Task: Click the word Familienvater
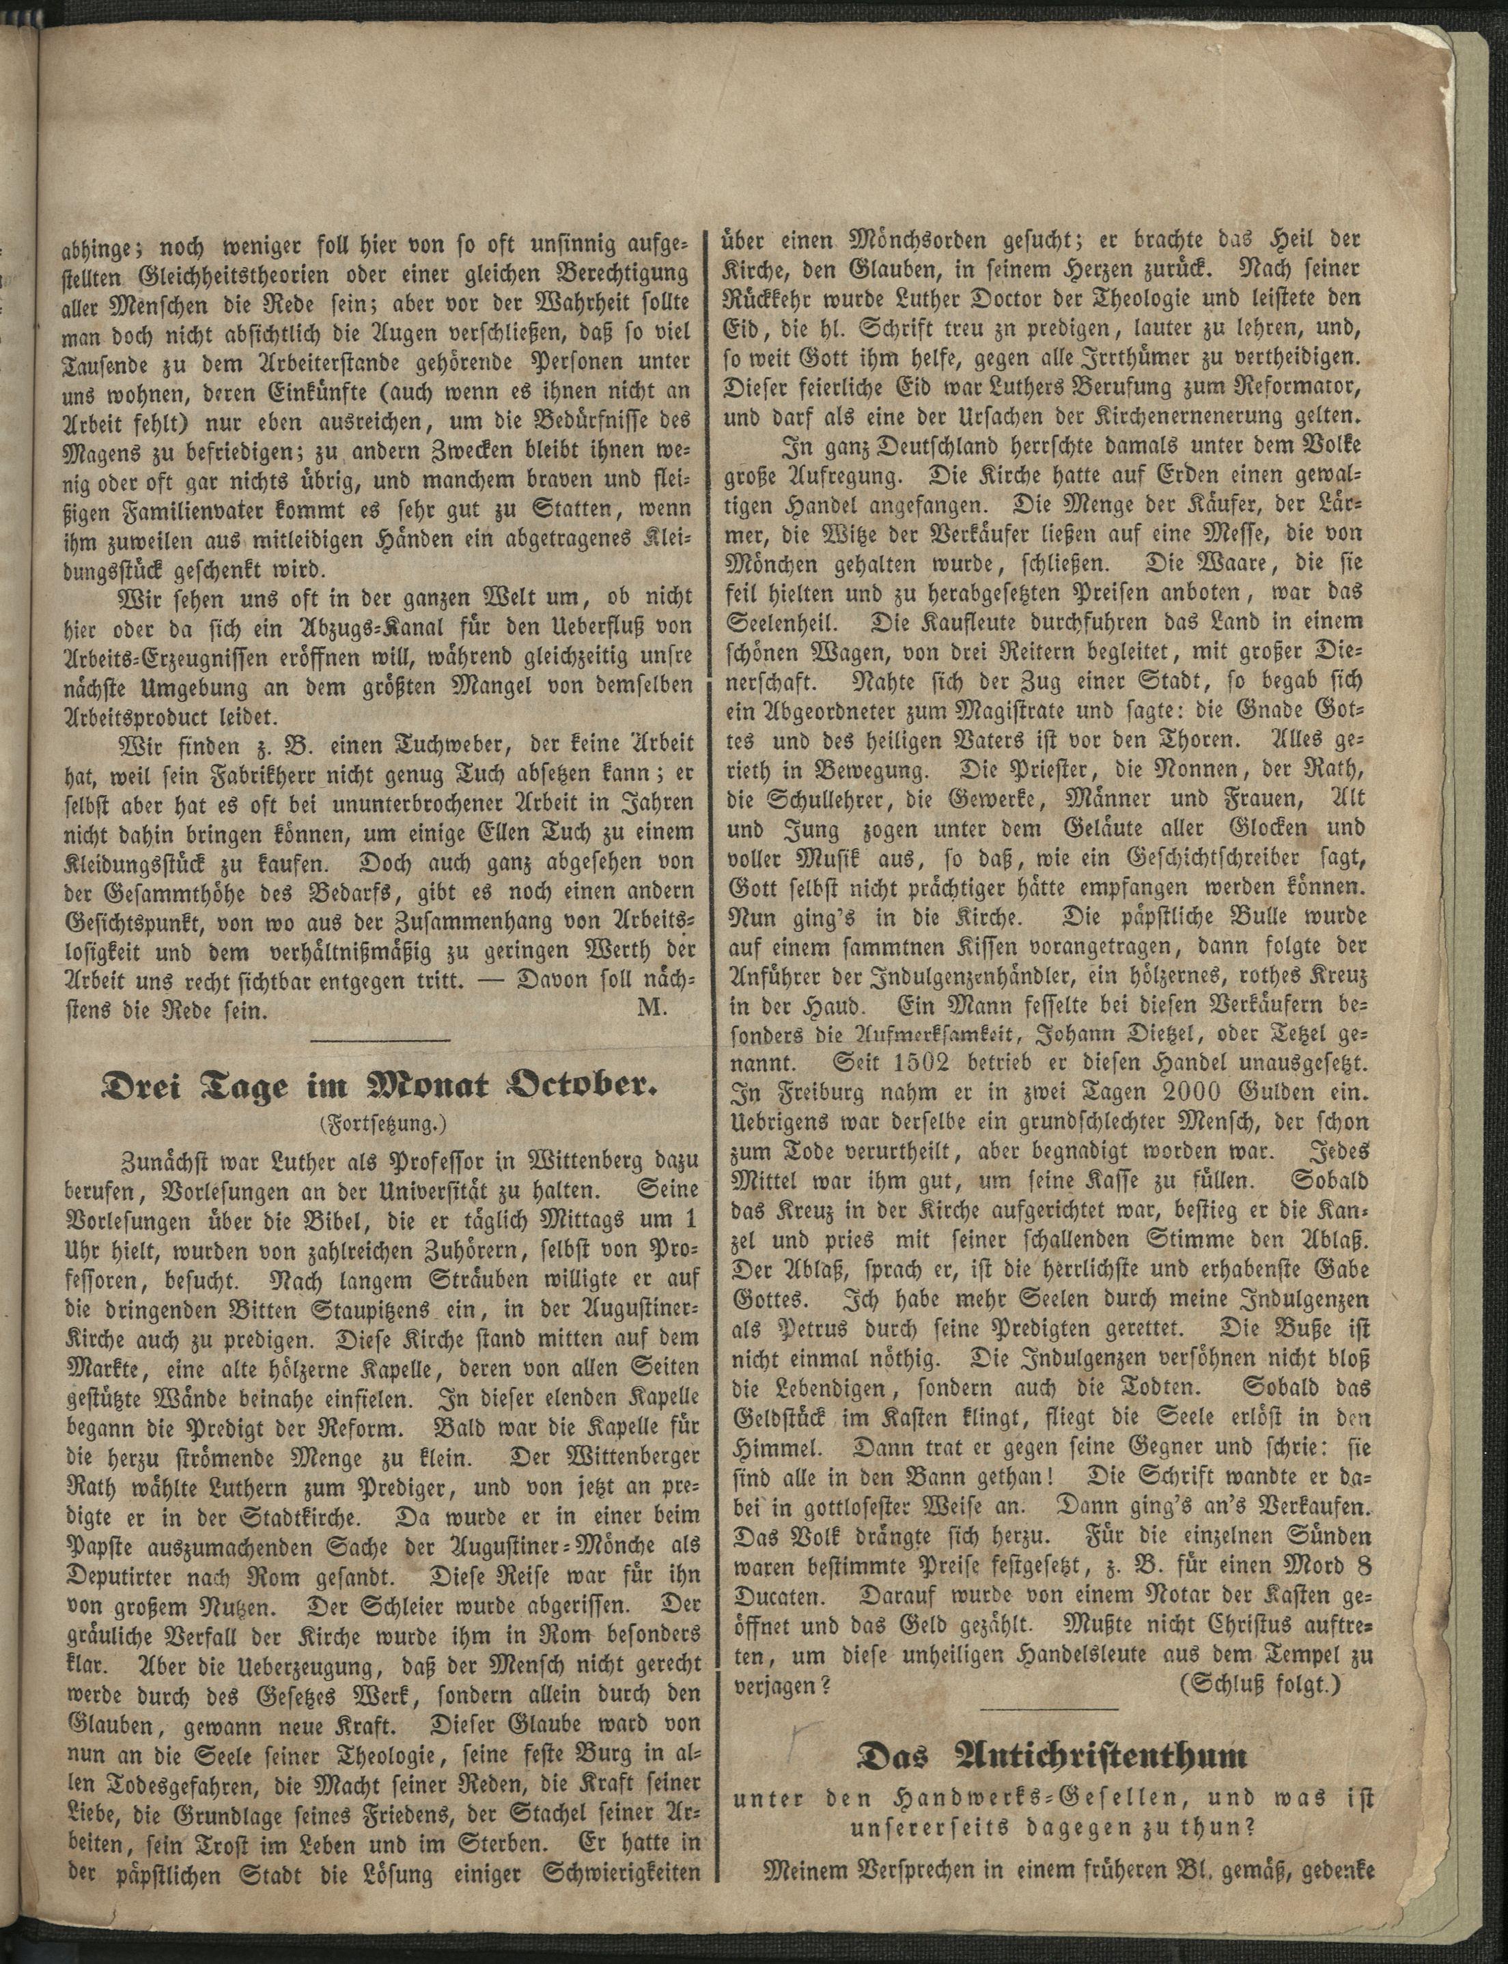(x=249, y=511)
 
